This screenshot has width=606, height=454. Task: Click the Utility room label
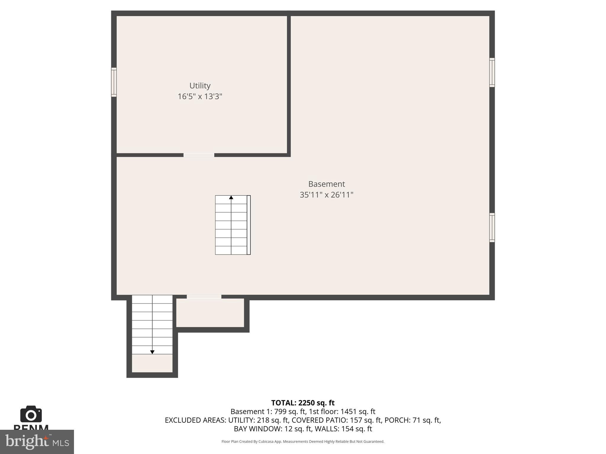coord(200,86)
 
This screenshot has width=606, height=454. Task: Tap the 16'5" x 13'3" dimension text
coord(200,97)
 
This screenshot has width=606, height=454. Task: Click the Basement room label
coord(326,184)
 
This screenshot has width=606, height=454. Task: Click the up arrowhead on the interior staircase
coord(231,197)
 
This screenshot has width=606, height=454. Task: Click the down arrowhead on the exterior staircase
coord(152,352)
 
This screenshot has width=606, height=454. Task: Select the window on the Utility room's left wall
coord(114,82)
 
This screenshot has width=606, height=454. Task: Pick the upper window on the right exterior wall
coord(492,72)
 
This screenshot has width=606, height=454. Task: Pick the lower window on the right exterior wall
coord(492,228)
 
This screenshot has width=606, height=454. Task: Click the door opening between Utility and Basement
coord(199,155)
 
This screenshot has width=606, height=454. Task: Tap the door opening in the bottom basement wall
coord(204,297)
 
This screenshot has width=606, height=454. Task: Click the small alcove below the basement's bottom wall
coord(210,313)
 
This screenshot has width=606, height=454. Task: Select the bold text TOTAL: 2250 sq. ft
coord(303,403)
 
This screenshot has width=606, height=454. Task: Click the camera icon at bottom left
coord(31,414)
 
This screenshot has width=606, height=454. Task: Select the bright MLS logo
coord(37,442)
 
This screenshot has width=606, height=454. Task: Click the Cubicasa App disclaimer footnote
coord(303,442)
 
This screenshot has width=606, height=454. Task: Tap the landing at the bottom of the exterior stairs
coord(152,364)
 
